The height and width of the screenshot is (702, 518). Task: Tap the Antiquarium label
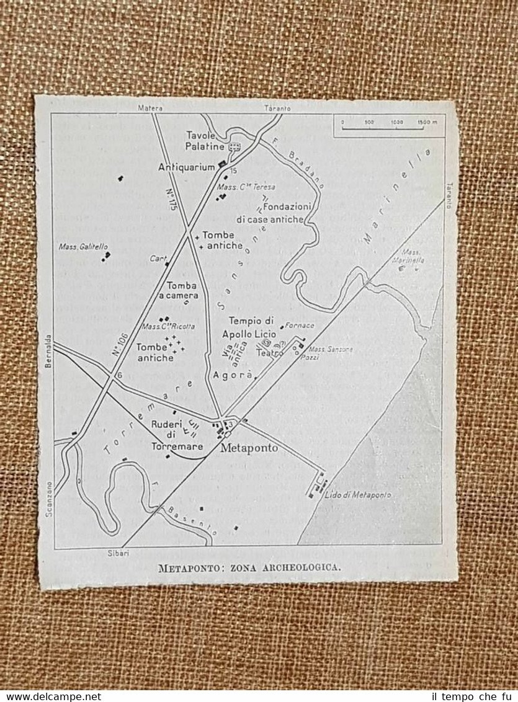(x=186, y=167)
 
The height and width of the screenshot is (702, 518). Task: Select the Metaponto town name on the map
(x=250, y=448)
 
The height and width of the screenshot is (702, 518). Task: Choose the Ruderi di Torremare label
(x=169, y=435)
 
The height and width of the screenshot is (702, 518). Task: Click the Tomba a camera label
(x=182, y=291)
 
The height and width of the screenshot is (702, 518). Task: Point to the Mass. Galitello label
(x=79, y=246)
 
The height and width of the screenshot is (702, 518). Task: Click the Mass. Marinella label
(x=413, y=256)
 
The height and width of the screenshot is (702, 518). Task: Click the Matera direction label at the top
(x=150, y=108)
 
